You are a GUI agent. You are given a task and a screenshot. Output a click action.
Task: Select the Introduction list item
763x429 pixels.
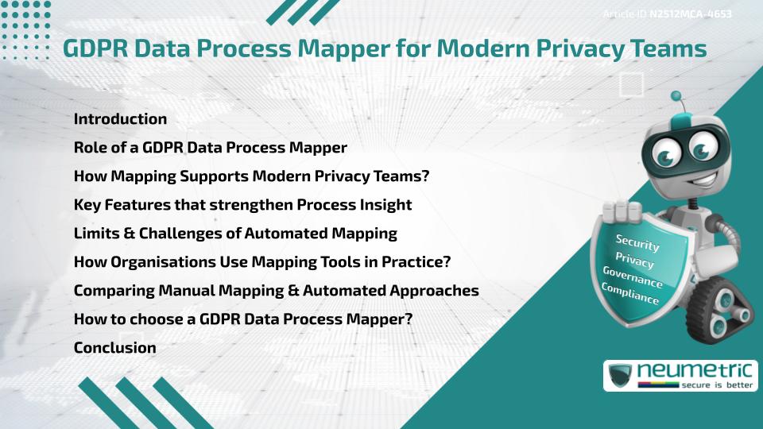tap(120, 119)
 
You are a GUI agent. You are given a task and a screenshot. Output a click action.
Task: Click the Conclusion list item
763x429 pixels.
tap(114, 348)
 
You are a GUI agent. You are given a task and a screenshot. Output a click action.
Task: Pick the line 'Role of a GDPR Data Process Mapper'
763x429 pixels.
tap(210, 148)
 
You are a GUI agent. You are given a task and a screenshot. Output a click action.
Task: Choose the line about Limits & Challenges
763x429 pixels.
tap(235, 234)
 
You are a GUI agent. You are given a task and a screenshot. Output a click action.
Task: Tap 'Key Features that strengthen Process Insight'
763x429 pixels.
tap(242, 205)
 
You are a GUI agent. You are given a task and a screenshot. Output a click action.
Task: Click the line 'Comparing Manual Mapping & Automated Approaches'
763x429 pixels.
tap(276, 291)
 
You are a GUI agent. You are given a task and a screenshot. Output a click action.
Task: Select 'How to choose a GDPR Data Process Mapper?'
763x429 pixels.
tap(242, 319)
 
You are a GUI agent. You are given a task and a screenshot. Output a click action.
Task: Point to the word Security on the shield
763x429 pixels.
tap(637, 243)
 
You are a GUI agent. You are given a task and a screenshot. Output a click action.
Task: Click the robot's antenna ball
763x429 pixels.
tap(676, 97)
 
